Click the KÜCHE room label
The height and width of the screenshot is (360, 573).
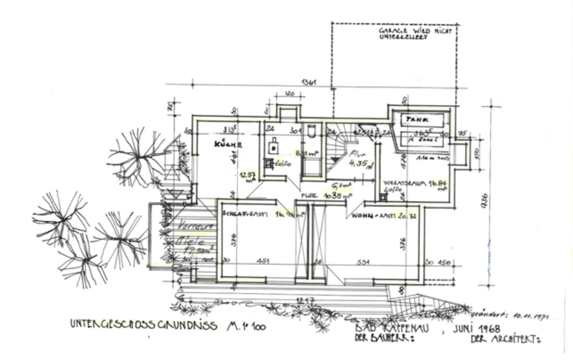tap(228, 144)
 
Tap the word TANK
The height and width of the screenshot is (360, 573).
tap(417, 119)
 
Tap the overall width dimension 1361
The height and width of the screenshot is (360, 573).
tap(309, 82)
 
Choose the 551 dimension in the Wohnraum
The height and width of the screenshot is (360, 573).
tap(364, 261)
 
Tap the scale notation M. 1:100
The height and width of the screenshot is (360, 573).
tap(246, 326)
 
